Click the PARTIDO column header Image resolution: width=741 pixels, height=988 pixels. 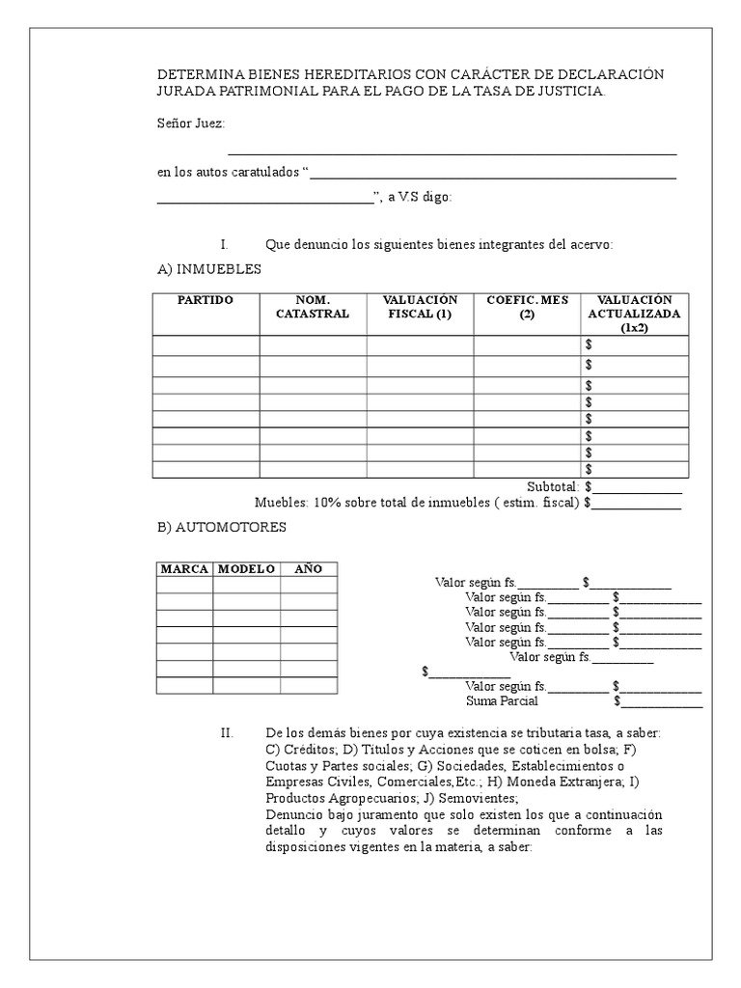tap(206, 300)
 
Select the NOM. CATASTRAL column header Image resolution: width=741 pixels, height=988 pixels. tap(313, 307)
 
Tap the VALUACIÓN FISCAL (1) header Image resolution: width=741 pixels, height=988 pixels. tap(420, 307)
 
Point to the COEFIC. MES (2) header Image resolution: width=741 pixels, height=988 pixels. tap(527, 307)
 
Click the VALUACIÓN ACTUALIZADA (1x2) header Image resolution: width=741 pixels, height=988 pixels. tap(635, 314)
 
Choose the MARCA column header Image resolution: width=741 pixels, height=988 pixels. tap(184, 569)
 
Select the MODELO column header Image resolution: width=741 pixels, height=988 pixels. tap(246, 569)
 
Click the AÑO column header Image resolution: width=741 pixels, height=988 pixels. tap(308, 569)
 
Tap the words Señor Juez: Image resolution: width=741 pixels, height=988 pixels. tap(191, 123)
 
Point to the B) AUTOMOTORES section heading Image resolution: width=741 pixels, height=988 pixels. tap(221, 527)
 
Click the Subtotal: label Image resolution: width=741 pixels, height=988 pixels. tap(552, 486)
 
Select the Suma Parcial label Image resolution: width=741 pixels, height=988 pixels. tap(502, 701)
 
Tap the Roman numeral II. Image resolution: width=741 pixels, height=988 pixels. tap(227, 733)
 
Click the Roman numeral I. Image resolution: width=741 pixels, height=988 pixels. tap(223, 245)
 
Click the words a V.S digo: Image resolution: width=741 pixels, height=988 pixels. tap(419, 198)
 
